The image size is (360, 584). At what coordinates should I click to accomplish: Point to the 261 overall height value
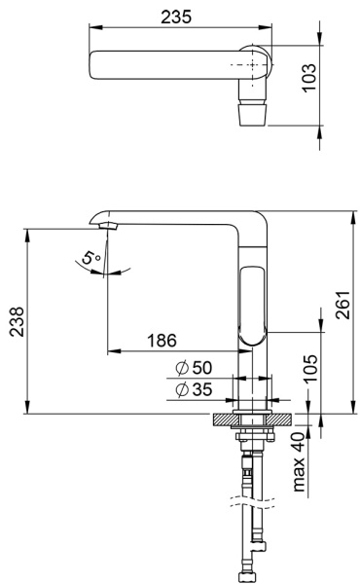(x=342, y=310)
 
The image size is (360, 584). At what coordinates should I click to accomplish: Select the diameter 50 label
(x=194, y=369)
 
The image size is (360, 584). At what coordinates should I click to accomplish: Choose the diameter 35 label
(x=194, y=390)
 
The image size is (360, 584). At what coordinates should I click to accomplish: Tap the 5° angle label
(x=89, y=260)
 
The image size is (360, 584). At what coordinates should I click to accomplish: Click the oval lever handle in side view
(x=252, y=303)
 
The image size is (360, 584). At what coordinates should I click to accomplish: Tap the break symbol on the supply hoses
(x=251, y=504)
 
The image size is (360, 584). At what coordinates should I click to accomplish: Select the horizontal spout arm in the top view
(x=165, y=66)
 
